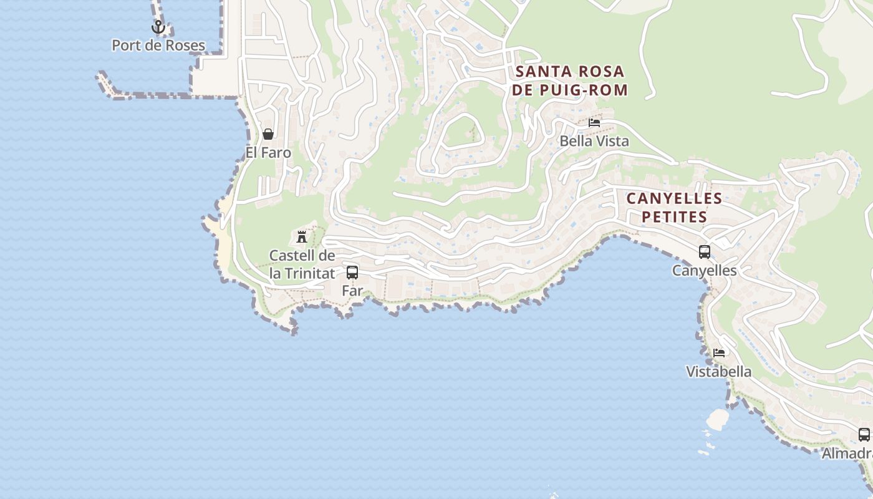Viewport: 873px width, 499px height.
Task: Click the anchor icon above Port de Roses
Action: click(158, 27)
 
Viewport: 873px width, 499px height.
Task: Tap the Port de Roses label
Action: click(158, 46)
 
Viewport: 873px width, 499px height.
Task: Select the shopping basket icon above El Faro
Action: click(268, 134)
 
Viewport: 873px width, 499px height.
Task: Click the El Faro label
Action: click(268, 152)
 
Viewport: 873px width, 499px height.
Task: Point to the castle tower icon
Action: click(302, 237)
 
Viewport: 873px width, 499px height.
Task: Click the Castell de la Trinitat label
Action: click(302, 264)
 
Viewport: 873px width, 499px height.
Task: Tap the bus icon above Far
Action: click(352, 273)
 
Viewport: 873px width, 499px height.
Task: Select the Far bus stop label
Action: click(352, 291)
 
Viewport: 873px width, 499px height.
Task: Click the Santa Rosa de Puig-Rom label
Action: click(569, 81)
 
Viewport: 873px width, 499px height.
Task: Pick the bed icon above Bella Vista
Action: click(594, 123)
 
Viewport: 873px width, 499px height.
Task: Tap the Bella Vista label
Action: click(594, 141)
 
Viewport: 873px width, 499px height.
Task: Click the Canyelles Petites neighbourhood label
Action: click(674, 208)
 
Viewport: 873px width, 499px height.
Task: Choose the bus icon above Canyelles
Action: click(705, 252)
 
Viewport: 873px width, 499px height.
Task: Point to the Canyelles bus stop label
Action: click(705, 271)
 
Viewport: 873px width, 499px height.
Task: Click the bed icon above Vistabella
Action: click(719, 353)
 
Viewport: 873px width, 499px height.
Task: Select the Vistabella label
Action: click(719, 372)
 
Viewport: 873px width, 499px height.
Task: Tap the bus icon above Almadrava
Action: click(864, 435)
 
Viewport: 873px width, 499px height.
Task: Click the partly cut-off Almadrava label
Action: click(847, 453)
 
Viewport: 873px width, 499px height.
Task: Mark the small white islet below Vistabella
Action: click(718, 419)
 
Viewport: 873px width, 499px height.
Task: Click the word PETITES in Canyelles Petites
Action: click(674, 217)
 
